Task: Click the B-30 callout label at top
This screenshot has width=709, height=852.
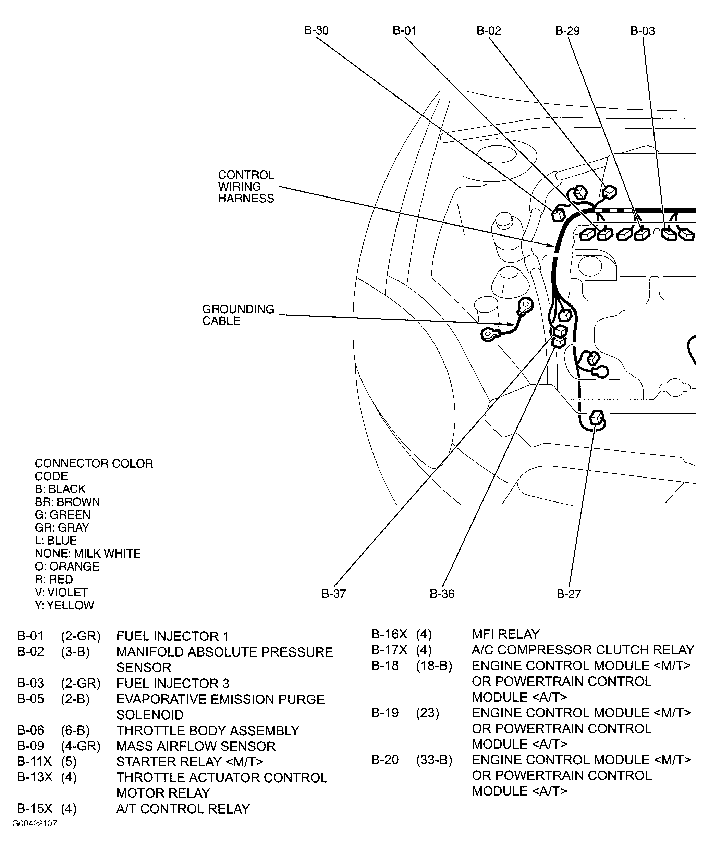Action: pyautogui.click(x=316, y=31)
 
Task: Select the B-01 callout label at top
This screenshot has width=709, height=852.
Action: pyautogui.click(x=404, y=31)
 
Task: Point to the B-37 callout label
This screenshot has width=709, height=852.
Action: pyautogui.click(x=333, y=594)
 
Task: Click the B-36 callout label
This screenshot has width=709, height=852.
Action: pyautogui.click(x=442, y=594)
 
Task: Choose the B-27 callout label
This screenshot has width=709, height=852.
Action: pyautogui.click(x=569, y=594)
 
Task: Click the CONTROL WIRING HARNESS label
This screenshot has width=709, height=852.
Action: pyautogui.click(x=246, y=187)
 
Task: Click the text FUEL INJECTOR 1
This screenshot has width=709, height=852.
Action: pyautogui.click(x=173, y=636)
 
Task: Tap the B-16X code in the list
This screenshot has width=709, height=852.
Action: pyautogui.click(x=389, y=634)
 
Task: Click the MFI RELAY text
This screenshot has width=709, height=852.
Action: pyautogui.click(x=505, y=634)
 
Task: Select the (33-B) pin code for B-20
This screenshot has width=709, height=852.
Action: pyautogui.click(x=434, y=760)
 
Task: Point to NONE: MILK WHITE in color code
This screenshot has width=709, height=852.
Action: pyautogui.click(x=88, y=554)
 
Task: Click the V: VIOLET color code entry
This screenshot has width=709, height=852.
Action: pyautogui.click(x=61, y=592)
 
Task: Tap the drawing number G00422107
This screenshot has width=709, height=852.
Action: pyautogui.click(x=35, y=823)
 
